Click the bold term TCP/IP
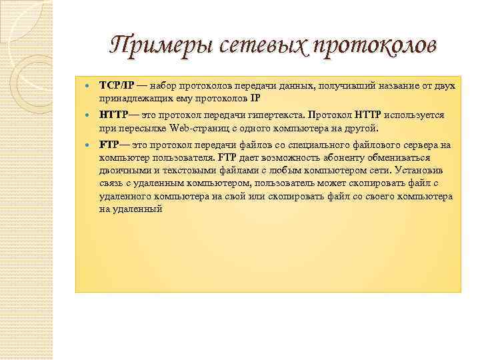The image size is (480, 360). click(117, 86)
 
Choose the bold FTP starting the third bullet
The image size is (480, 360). click(110, 145)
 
